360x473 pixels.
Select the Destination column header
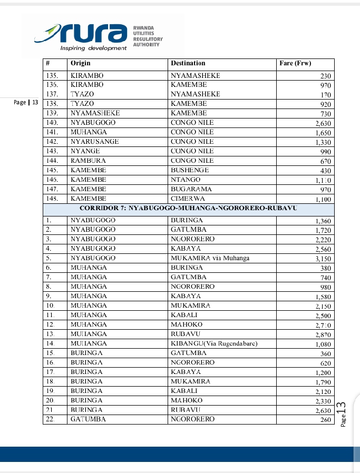point(188,63)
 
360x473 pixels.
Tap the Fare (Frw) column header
point(295,63)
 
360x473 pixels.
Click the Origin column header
point(81,63)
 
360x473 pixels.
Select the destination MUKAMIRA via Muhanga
point(210,258)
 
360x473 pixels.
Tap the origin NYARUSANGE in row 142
point(95,142)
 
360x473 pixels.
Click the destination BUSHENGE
point(190,170)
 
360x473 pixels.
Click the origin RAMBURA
point(89,161)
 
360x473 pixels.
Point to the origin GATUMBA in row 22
point(88,419)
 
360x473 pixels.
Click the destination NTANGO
point(186,180)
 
